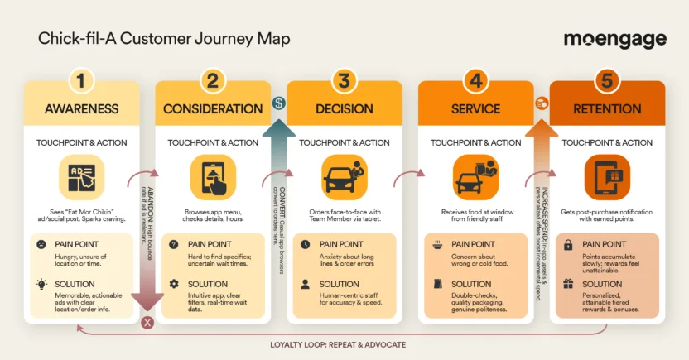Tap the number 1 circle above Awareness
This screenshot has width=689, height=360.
pyautogui.click(x=81, y=80)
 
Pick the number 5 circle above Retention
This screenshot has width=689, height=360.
pyautogui.click(x=607, y=80)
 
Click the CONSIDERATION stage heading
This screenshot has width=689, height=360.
pyautogui.click(x=213, y=109)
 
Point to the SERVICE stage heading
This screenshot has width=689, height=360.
pyautogui.click(x=475, y=109)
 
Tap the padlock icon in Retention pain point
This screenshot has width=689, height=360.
pyautogui.click(x=569, y=245)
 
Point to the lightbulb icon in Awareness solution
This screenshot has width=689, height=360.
pyautogui.click(x=41, y=284)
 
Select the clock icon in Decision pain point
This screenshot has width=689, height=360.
pyautogui.click(x=306, y=245)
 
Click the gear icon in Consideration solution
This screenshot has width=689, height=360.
pyautogui.click(x=174, y=284)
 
